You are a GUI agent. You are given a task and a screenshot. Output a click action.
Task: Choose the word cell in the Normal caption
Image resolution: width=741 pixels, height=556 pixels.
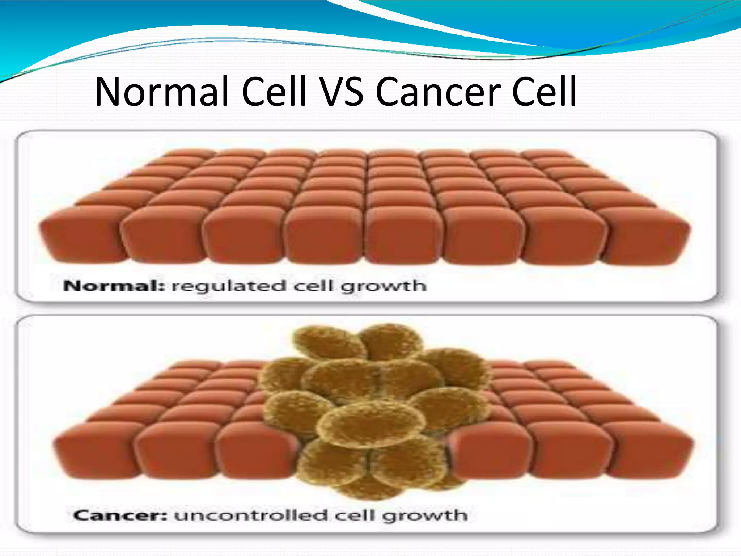tap(313, 286)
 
